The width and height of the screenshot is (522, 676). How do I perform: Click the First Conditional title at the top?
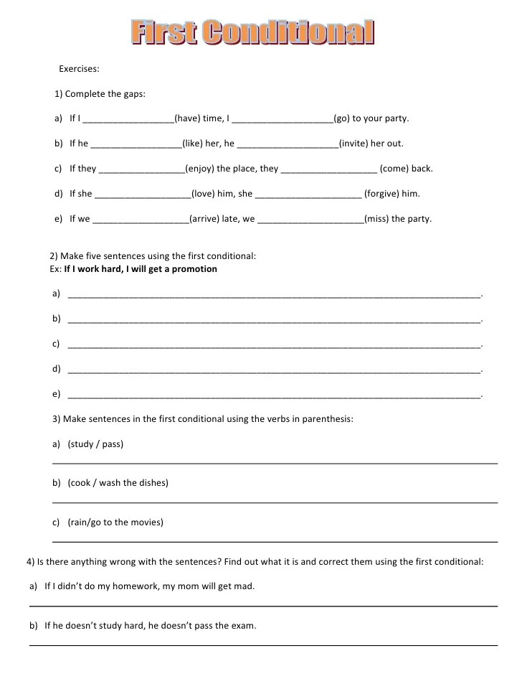(253, 32)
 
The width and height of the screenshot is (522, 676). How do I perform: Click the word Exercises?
(79, 70)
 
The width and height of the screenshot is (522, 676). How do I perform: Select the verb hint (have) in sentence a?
(188, 118)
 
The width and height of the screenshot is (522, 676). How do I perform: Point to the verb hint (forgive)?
(382, 194)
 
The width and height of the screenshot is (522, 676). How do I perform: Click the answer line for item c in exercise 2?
(272, 345)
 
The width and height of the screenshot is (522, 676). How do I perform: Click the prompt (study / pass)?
(95, 444)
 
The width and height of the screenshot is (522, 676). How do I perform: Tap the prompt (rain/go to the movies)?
(115, 522)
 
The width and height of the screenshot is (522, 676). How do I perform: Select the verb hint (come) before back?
(394, 169)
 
